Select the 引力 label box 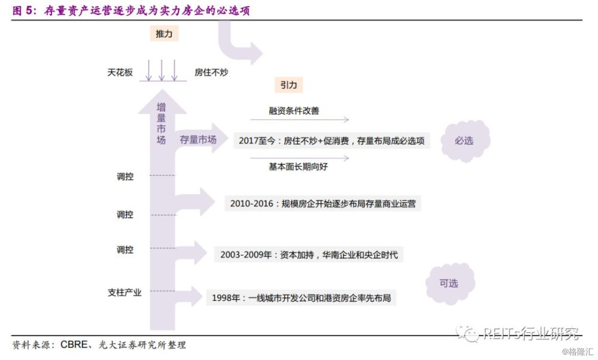[288, 85]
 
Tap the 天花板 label [120, 72]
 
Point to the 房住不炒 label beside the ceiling [211, 72]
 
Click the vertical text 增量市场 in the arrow [161, 124]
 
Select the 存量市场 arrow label [198, 140]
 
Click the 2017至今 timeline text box [331, 141]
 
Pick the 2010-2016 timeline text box [322, 203]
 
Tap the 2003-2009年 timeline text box [309, 254]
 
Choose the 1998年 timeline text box [301, 297]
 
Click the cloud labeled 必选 [464, 141]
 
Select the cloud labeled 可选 [449, 283]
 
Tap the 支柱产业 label [124, 292]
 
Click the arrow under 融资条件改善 [300, 120]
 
